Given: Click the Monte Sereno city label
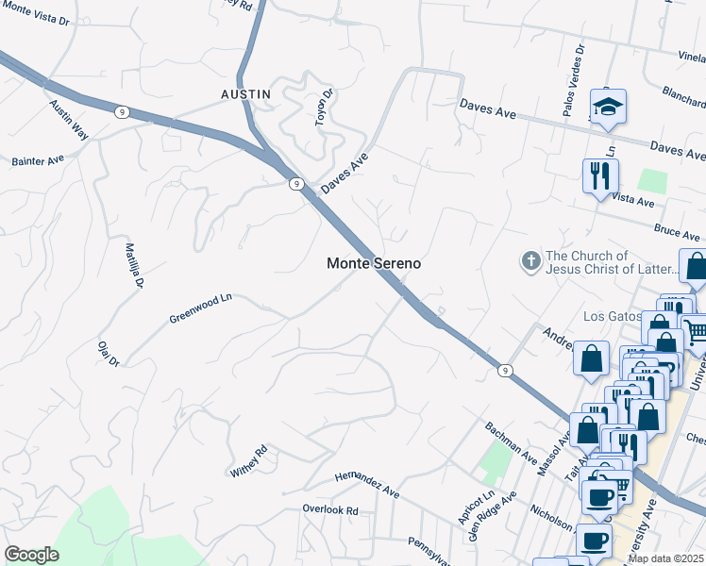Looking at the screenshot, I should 374,264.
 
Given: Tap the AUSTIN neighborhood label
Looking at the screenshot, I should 245,94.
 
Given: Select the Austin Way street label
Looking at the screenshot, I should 69,120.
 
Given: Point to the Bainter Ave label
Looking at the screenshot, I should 36,160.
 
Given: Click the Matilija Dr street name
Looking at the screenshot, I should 134,265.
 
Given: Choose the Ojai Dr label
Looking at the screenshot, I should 109,353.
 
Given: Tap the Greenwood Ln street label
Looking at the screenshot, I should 200,308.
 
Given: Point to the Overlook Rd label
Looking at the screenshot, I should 330,510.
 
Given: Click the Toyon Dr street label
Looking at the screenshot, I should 324,107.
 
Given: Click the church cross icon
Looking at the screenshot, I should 531,261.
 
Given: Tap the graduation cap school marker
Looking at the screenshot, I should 608,107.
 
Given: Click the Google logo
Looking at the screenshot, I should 31,555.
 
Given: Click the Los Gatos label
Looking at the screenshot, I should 614,316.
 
